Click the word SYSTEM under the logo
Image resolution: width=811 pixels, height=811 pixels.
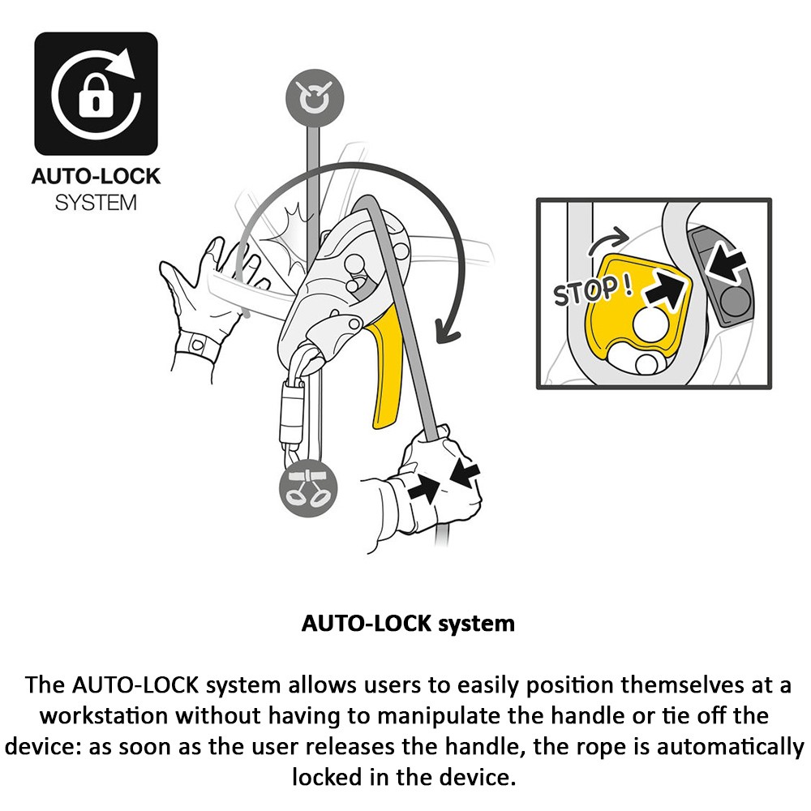pyautogui.click(x=96, y=203)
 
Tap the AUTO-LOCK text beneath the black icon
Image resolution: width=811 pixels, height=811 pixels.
pyautogui.click(x=96, y=177)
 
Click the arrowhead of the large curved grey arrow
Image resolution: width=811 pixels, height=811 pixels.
pyautogui.click(x=445, y=330)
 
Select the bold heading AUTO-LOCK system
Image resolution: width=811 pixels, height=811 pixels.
pyautogui.click(x=408, y=624)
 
